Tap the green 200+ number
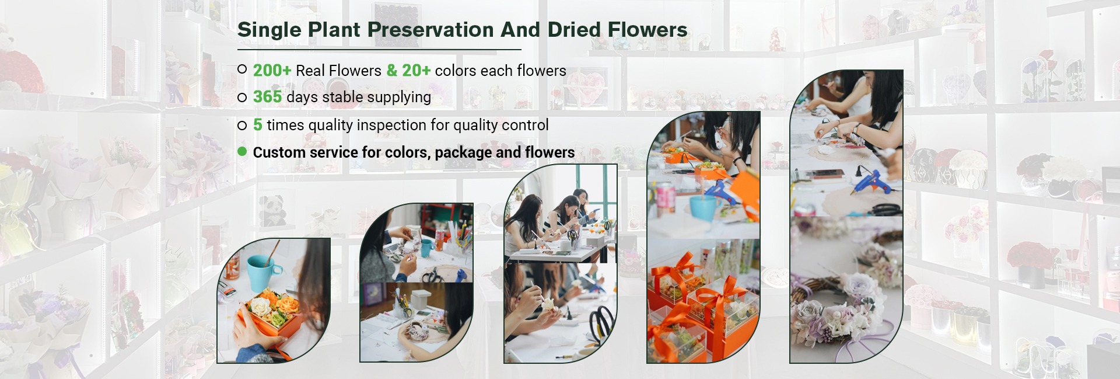click(x=272, y=71)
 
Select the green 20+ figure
click(x=416, y=71)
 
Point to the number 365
click(x=267, y=97)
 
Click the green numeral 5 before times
click(x=257, y=125)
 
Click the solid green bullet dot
click(x=242, y=152)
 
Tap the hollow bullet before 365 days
click(x=242, y=98)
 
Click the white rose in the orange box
click(x=257, y=304)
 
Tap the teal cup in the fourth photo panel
click(x=703, y=206)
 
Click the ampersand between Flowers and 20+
click(x=391, y=71)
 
